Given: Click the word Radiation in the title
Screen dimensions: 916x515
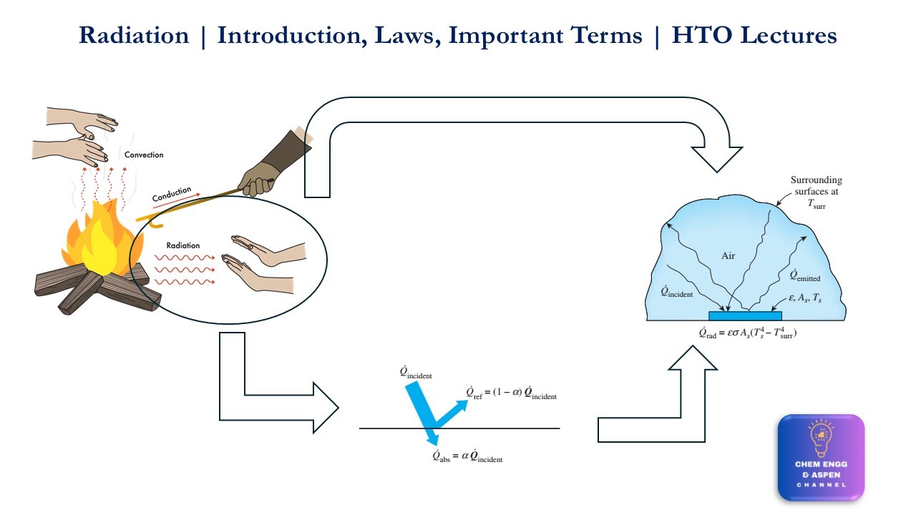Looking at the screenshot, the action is click(134, 35).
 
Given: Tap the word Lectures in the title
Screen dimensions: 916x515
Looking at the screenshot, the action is click(789, 35).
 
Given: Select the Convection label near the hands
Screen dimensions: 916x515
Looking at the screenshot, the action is click(144, 155).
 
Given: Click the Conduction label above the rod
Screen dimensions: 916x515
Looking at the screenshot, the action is click(172, 194).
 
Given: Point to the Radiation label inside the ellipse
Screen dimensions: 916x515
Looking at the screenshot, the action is click(182, 245).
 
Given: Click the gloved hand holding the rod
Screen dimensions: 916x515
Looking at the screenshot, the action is click(258, 180).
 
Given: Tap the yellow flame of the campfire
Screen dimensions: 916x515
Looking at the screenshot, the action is click(100, 241).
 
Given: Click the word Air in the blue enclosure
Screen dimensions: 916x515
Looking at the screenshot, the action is click(728, 256).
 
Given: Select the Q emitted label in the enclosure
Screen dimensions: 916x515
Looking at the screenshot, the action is click(805, 275).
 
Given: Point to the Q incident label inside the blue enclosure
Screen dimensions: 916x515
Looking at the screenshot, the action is click(677, 292).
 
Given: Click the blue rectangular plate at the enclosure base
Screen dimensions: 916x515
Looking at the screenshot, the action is click(745, 315).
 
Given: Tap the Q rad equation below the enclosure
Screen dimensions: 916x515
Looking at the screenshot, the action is click(748, 333).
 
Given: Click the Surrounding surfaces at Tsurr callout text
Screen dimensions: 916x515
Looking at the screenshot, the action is click(816, 192).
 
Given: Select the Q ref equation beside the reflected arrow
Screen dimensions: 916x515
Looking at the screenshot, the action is click(511, 393).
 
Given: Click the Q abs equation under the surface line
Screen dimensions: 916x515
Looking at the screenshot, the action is click(467, 456).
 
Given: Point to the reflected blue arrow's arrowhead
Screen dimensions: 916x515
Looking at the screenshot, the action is click(462, 405).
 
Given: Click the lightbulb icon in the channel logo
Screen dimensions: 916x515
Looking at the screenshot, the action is click(821, 438).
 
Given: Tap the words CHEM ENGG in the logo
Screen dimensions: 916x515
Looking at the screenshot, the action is click(821, 464).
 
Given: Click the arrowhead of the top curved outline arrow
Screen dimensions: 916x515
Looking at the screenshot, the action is click(717, 160).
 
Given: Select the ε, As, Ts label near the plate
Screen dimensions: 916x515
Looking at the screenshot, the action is click(805, 298).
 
